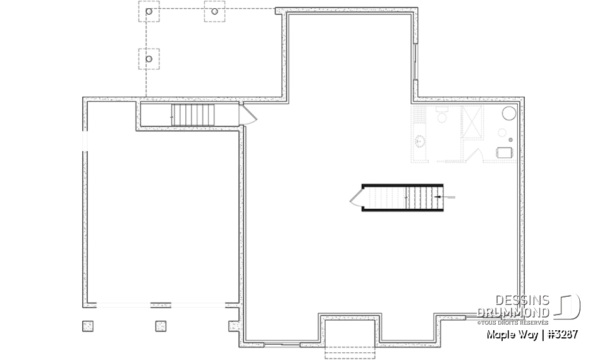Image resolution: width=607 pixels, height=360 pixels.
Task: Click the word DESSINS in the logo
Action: point(522,300)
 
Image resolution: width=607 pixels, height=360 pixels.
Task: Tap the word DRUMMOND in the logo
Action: point(513,312)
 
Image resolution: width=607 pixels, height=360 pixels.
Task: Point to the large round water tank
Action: point(509,114)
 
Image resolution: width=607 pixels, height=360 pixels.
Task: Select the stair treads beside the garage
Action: point(193,115)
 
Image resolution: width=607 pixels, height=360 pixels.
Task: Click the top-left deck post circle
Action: point(149,11)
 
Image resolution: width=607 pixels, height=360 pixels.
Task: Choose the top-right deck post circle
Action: point(214,11)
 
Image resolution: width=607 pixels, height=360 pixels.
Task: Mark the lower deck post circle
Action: point(149,59)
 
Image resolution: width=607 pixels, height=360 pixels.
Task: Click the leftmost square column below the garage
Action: point(87,326)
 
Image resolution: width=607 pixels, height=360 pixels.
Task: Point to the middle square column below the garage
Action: point(161,326)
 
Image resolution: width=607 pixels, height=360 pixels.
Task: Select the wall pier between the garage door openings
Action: point(160,305)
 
